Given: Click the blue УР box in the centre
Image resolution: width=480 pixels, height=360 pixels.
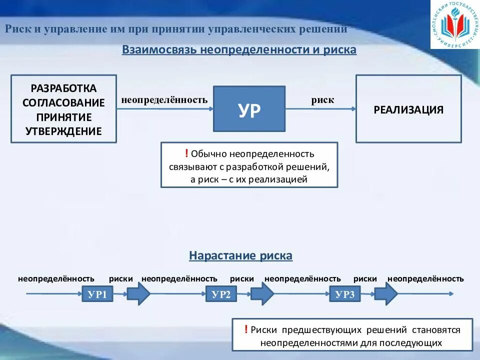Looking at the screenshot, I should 249,109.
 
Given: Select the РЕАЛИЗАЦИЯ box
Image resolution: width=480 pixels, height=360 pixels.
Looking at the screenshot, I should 408,109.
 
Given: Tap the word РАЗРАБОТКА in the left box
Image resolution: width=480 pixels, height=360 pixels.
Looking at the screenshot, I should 63,88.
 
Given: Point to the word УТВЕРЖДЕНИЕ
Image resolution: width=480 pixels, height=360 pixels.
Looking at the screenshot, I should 63,131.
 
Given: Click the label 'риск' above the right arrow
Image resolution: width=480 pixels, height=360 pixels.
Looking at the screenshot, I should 322,100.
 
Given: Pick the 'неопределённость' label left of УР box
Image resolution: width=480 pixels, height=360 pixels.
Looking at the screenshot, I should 164,100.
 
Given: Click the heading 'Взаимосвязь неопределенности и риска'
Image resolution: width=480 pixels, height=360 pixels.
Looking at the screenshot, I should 239,50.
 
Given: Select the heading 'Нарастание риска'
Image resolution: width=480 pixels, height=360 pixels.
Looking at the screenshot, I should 240,255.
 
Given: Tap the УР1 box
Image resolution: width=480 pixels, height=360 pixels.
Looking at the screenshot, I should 97,294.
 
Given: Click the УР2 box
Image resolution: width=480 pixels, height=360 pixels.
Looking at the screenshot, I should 221,294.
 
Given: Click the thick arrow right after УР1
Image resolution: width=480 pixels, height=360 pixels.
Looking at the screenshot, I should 138,293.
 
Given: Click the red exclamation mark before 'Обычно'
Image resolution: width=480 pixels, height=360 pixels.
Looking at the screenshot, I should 186,153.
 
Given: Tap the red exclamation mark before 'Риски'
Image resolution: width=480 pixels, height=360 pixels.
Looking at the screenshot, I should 246,329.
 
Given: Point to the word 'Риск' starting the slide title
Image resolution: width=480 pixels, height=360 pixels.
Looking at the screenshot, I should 16,28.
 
